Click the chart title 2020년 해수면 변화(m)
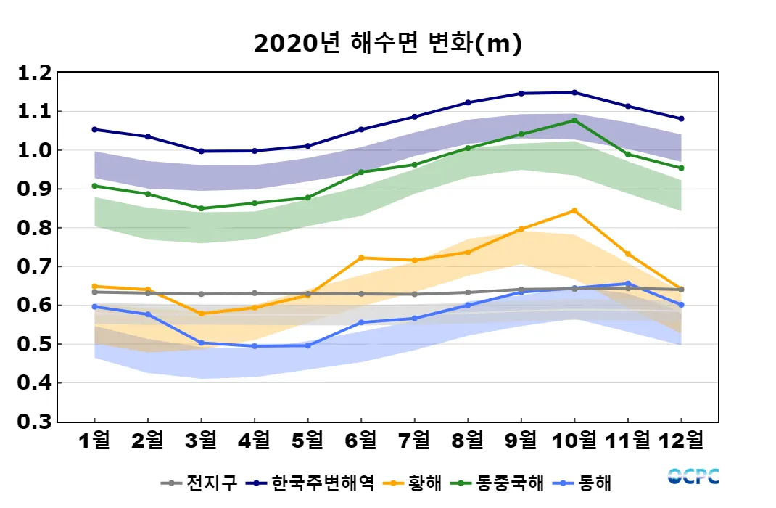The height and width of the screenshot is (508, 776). point(388,44)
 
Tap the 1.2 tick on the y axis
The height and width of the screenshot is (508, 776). point(35,73)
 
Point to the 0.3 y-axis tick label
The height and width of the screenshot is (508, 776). point(35,422)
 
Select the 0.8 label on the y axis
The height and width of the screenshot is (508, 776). point(35,228)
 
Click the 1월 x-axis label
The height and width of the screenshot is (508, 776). point(94,440)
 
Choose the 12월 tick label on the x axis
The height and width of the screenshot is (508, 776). point(681,440)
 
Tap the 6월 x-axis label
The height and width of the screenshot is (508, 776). point(361,440)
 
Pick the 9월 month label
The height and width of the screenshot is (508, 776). point(521,440)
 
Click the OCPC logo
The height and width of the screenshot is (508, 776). point(693,476)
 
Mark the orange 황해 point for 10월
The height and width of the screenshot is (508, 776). point(574,210)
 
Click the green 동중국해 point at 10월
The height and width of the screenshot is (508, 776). point(574,120)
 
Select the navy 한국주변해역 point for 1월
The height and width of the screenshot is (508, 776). point(94,129)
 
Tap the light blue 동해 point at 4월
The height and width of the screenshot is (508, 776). point(255,346)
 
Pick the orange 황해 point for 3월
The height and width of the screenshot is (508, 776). point(201,314)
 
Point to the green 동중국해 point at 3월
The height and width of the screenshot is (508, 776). point(201,208)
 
